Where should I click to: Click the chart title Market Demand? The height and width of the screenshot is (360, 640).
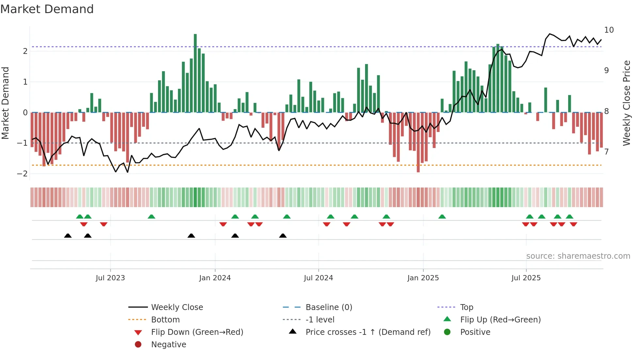coord(47,9)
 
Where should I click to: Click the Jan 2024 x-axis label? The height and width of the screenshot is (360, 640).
coord(215,278)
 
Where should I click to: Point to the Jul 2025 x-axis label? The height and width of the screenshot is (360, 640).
coord(526,278)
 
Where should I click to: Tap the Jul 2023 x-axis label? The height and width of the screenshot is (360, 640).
coord(110,278)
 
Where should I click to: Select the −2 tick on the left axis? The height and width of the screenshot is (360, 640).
coord(22,174)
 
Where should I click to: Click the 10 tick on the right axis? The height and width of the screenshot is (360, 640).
coord(609,30)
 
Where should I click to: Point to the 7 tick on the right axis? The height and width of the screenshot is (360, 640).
coord(606,152)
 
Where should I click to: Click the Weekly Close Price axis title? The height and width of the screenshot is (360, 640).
coord(626,103)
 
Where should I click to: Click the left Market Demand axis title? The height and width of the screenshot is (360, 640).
coord(5,103)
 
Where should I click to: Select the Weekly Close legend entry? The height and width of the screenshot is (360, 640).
coord(177,307)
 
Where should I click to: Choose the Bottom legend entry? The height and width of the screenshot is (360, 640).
coord(165,320)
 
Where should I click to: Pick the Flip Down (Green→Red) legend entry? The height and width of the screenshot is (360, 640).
coord(197,332)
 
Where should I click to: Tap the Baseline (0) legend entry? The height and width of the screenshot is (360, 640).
coord(328,307)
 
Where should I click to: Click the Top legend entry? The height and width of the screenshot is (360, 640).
coord(467,307)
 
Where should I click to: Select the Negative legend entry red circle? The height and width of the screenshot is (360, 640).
coord(138,345)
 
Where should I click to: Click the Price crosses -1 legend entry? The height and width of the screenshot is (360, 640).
coord(368,332)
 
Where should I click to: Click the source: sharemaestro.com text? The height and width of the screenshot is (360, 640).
coord(578,256)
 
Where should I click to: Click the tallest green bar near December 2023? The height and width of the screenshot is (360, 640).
coord(195,73)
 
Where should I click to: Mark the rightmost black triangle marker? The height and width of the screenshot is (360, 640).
coord(283,236)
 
